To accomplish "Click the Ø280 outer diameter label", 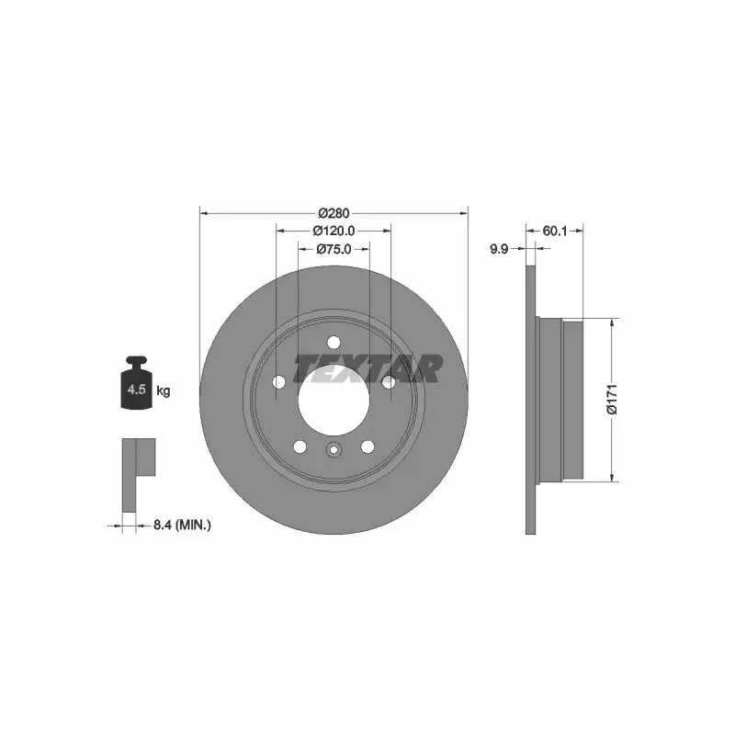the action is [x=334, y=213].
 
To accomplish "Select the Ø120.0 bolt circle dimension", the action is [x=334, y=231].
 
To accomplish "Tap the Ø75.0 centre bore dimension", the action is [x=334, y=249].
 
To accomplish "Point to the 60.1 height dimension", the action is [x=555, y=231].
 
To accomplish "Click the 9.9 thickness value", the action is [x=499, y=249].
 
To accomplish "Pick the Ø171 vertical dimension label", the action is [x=612, y=399].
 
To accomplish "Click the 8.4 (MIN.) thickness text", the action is [x=182, y=526].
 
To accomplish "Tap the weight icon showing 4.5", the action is [x=136, y=383].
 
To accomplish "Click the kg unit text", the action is [x=164, y=390].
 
